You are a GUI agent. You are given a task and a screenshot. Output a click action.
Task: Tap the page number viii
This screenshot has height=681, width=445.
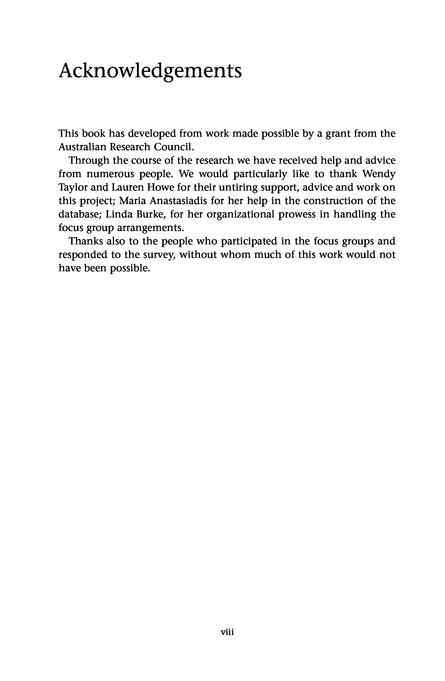pyautogui.click(x=227, y=632)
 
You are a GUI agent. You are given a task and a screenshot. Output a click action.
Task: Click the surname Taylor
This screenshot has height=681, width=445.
pyautogui.click(x=73, y=187)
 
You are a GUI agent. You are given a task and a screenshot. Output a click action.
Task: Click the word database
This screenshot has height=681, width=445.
pyautogui.click(x=79, y=214)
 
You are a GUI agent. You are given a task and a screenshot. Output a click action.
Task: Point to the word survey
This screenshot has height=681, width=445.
pyautogui.click(x=159, y=255)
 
